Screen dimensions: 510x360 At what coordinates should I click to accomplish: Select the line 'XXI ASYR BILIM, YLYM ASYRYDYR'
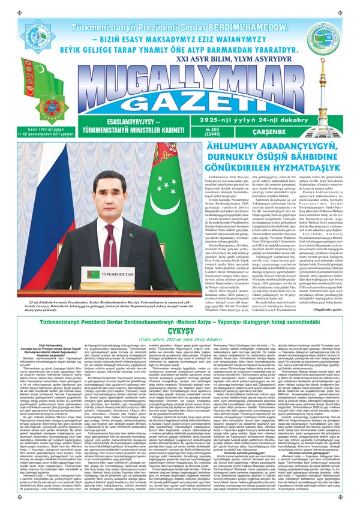coord(181,41)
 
